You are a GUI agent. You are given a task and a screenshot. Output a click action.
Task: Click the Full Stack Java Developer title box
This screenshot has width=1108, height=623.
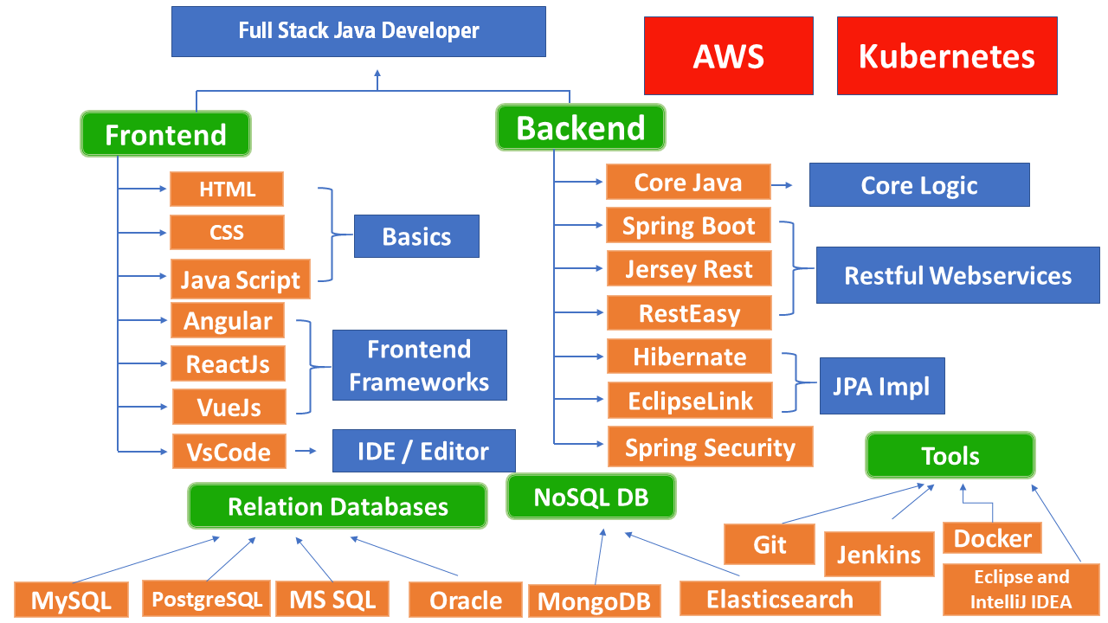pyautogui.click(x=358, y=32)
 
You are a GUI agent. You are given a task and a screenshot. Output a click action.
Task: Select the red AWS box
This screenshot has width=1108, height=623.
pyautogui.click(x=728, y=56)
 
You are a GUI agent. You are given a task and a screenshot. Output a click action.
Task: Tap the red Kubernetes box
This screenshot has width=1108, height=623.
pyautogui.click(x=946, y=56)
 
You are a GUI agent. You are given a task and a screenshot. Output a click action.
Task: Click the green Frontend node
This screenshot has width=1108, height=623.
pyautogui.click(x=165, y=134)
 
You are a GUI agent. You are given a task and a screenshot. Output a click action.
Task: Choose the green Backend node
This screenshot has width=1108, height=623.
pyautogui.click(x=580, y=127)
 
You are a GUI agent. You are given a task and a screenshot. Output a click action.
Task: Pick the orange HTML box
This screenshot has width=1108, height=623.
pyautogui.click(x=227, y=189)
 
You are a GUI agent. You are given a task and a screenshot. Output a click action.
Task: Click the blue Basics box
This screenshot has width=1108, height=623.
pyautogui.click(x=416, y=237)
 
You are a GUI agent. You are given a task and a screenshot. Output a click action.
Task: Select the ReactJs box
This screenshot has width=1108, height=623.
pyautogui.click(x=228, y=364)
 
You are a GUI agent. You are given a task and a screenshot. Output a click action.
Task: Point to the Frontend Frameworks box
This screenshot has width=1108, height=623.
pyautogui.click(x=419, y=365)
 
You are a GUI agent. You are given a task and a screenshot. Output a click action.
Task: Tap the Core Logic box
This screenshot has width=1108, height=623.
pyautogui.click(x=918, y=185)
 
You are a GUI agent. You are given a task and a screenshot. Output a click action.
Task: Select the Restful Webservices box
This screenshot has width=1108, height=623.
pyautogui.click(x=957, y=276)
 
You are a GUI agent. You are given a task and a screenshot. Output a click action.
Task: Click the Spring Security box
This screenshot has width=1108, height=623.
pyautogui.click(x=710, y=447)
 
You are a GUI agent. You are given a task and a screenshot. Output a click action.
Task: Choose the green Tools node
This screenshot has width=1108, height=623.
pyautogui.click(x=950, y=456)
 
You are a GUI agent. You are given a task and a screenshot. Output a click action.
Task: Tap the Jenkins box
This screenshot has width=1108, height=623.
pyautogui.click(x=879, y=554)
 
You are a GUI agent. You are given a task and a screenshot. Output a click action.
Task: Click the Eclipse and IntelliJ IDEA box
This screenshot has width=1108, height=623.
pyautogui.click(x=1021, y=589)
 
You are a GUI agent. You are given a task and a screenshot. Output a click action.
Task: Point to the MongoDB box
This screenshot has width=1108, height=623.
pyautogui.click(x=594, y=601)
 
